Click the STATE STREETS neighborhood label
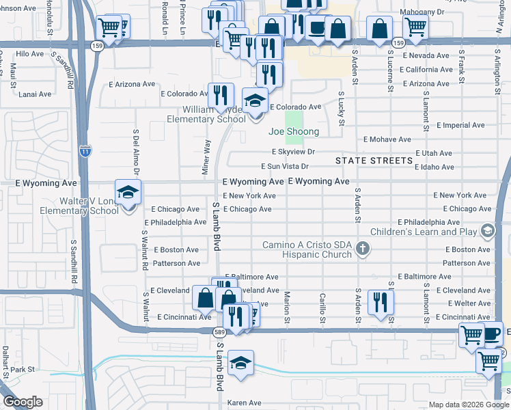coord(374,161)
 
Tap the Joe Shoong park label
coord(294,131)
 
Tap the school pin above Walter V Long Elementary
coord(128,193)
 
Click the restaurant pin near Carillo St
coord(381,301)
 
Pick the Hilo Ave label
coord(29,53)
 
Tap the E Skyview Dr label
coord(293,152)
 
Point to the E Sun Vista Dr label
coord(285,166)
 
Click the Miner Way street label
coord(205,157)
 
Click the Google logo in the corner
coord(23,402)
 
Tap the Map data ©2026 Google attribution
coord(468,405)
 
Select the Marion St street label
coord(287,306)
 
